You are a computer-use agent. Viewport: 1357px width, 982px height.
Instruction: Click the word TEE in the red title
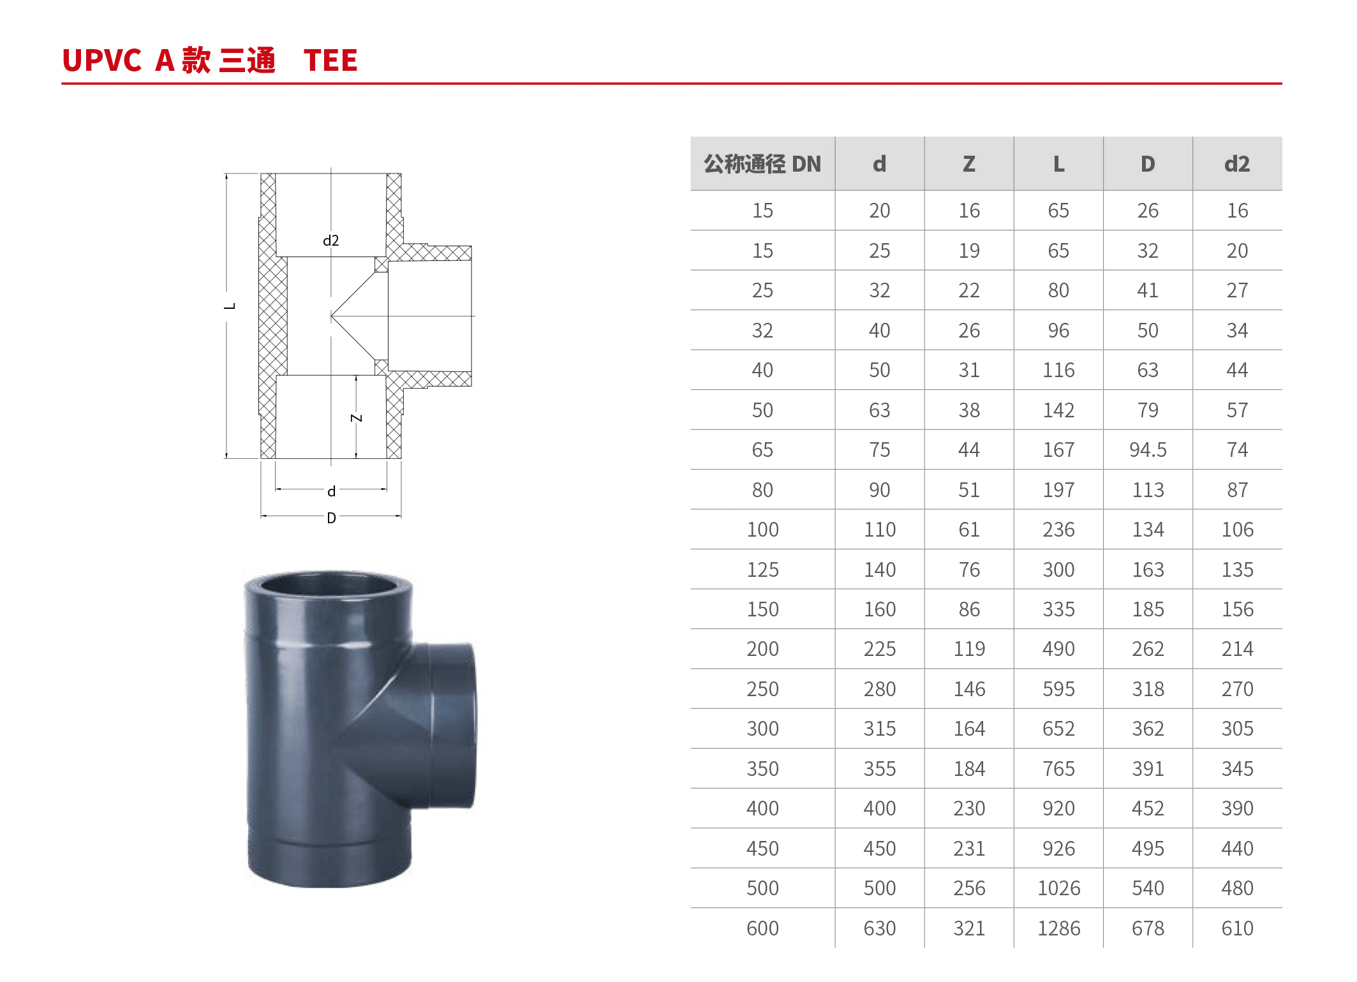pos(330,61)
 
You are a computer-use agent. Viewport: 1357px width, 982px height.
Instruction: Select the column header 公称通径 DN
pos(762,164)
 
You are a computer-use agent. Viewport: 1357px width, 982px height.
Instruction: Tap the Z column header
pos(969,164)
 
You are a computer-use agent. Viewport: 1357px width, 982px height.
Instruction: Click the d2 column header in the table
pos(1237,164)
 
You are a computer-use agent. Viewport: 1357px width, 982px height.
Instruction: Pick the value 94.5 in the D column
pos(1148,450)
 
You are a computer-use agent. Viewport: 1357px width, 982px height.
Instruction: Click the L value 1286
pos(1058,928)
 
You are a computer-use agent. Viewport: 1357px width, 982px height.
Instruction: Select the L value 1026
pos(1058,888)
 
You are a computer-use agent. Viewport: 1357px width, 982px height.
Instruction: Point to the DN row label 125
pos(762,569)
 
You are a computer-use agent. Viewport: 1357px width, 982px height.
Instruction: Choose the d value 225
pos(880,649)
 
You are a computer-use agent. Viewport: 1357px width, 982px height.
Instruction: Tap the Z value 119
pos(969,649)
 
